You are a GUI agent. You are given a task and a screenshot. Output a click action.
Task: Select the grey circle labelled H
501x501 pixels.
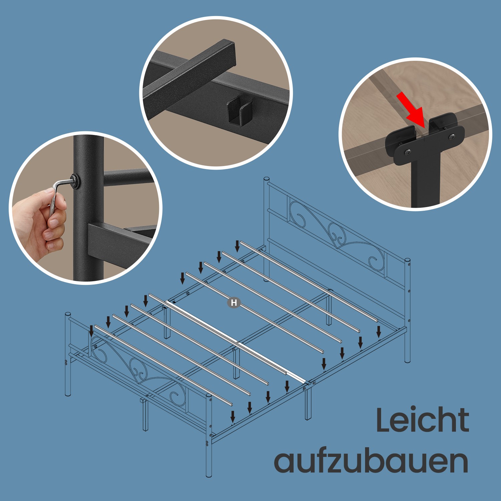tap(234, 303)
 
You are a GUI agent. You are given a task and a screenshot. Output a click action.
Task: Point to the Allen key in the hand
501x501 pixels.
tap(60, 195)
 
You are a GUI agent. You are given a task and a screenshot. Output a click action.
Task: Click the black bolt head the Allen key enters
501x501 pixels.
tap(75, 181)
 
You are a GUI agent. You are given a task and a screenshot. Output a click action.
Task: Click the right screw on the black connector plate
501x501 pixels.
tap(452, 137)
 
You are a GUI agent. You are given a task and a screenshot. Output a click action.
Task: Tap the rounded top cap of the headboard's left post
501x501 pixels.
tap(267, 180)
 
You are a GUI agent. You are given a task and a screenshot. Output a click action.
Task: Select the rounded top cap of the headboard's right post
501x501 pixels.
tap(407, 261)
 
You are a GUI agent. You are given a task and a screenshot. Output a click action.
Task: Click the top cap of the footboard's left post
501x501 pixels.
tap(68, 315)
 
